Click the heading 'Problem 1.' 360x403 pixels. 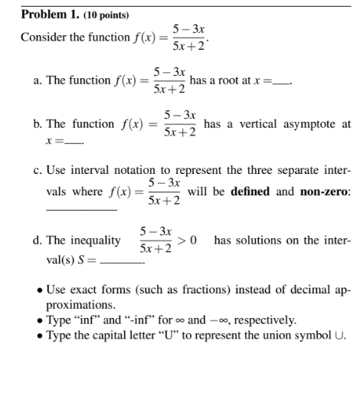point(46,15)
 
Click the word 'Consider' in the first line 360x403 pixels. point(43,38)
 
